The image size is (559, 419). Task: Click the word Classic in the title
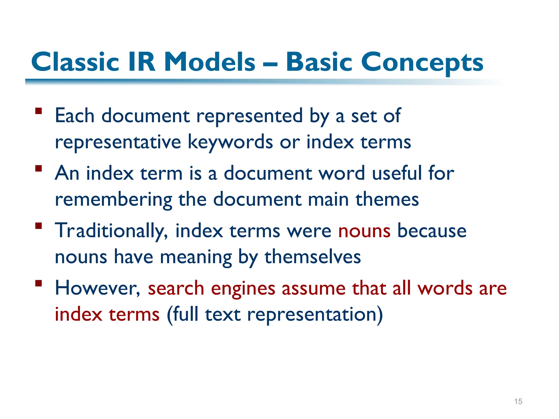(x=75, y=62)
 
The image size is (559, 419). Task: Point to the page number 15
(x=518, y=402)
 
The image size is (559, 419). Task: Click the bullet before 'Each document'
(x=38, y=111)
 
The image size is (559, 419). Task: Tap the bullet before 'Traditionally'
(x=38, y=226)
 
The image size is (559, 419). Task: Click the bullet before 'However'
(x=38, y=283)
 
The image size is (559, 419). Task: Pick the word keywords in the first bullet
(x=230, y=142)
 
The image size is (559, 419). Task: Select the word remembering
(x=113, y=200)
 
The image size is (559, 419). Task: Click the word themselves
(x=313, y=257)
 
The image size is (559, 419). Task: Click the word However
(x=97, y=289)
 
